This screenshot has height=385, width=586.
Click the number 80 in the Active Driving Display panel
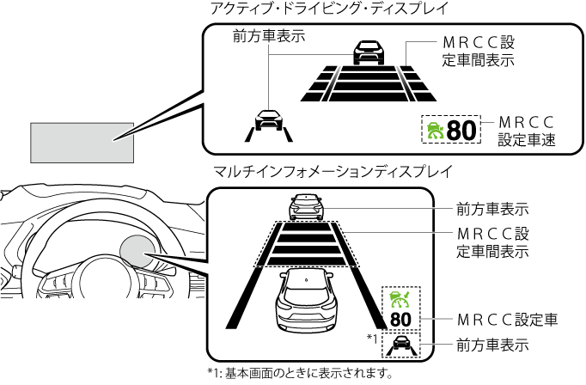pyautogui.click(x=461, y=131)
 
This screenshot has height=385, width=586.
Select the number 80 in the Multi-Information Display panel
pyautogui.click(x=400, y=320)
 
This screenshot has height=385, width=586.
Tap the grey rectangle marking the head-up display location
pyautogui.click(x=82, y=142)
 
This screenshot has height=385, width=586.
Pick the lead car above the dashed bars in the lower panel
pyautogui.click(x=307, y=206)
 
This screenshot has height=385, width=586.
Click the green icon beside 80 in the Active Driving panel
pyautogui.click(x=436, y=131)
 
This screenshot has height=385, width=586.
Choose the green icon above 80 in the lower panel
pyautogui.click(x=400, y=298)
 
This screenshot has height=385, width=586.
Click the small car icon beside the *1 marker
pyautogui.click(x=400, y=345)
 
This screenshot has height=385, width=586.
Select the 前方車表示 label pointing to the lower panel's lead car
pyautogui.click(x=491, y=208)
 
